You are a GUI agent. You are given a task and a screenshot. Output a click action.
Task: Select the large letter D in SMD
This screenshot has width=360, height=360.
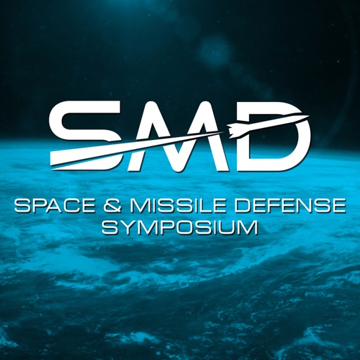[x=271, y=137]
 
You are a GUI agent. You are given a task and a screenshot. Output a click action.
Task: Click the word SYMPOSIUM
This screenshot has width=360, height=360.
[x=180, y=229]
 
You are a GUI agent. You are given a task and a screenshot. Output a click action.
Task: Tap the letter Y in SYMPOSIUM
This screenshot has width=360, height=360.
[x=124, y=229]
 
